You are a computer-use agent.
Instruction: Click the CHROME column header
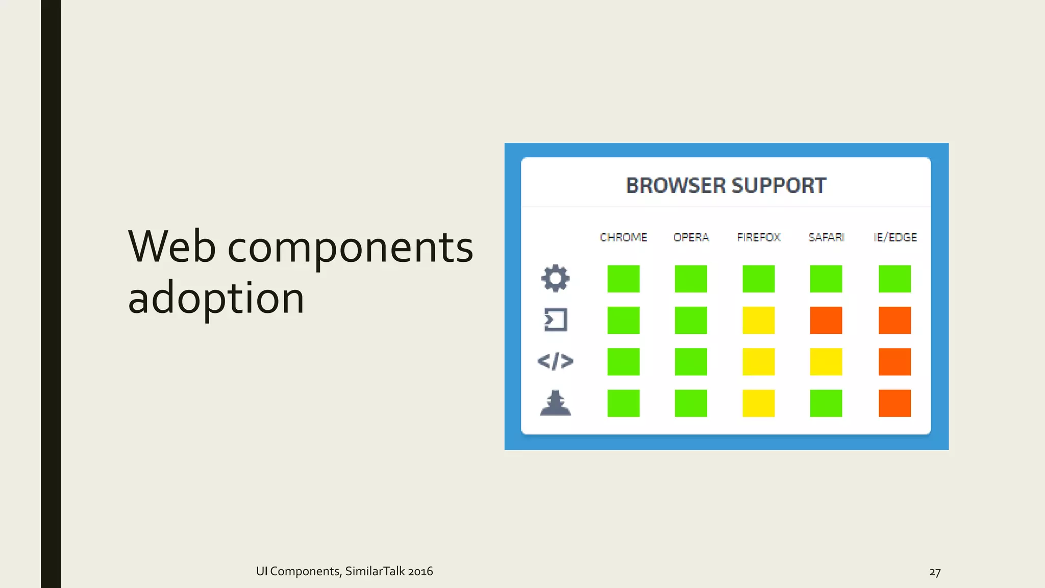click(623, 237)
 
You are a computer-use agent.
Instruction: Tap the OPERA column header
click(691, 237)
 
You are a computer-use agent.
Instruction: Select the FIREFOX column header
click(758, 237)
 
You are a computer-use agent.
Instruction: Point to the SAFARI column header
click(826, 237)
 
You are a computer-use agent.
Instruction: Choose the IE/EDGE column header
click(894, 237)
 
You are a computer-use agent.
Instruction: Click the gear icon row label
click(555, 278)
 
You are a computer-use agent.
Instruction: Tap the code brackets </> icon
click(555, 361)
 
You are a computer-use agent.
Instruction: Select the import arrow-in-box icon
click(555, 320)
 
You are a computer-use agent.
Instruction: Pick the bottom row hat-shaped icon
click(555, 403)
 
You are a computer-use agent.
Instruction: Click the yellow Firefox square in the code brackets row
click(758, 361)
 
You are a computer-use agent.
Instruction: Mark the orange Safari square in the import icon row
click(826, 320)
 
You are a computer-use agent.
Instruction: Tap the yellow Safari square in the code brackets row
click(826, 361)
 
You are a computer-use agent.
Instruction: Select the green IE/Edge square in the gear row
click(894, 279)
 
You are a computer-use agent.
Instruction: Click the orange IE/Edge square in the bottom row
click(894, 403)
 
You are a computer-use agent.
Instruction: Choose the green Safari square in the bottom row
click(826, 403)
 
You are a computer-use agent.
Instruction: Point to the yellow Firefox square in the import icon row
click(758, 320)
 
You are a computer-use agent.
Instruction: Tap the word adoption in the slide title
click(216, 298)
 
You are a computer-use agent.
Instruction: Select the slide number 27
click(934, 572)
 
